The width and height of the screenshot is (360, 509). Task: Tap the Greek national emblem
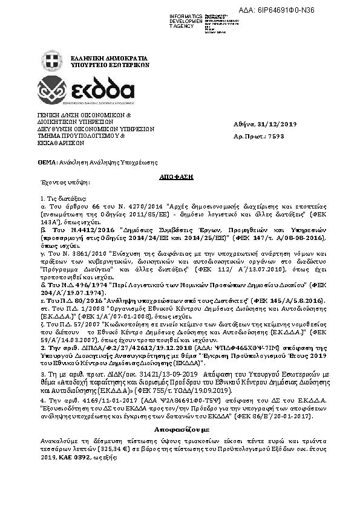click(51, 61)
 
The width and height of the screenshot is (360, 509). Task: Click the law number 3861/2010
click(78, 253)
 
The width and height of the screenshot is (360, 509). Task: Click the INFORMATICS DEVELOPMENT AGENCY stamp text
click(186, 21)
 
